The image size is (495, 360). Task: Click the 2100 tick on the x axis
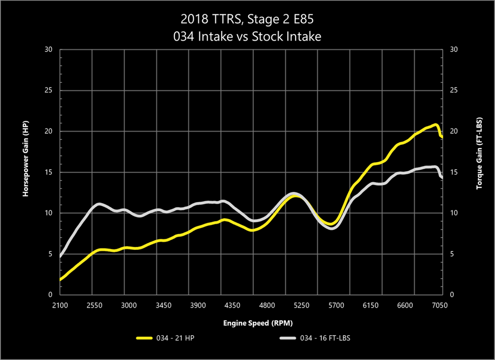point(60,305)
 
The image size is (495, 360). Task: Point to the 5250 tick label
point(301,305)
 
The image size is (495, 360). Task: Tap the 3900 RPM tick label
point(198,305)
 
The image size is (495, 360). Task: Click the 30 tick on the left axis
point(49,50)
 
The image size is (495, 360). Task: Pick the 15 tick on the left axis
point(49,172)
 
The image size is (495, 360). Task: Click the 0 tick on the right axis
point(451,295)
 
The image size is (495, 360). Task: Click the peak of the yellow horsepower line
point(435,125)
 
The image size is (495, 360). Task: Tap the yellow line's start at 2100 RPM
point(61,279)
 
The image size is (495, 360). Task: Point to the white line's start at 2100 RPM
point(61,256)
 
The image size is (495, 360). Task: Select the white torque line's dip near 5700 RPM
point(332,228)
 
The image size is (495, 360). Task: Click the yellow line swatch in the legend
point(145,338)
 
